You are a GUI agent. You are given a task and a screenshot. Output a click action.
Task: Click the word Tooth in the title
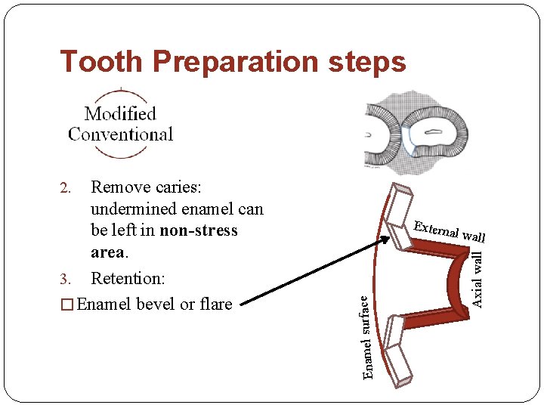click(x=96, y=62)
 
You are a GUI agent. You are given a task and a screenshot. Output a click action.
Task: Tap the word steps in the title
click(x=368, y=62)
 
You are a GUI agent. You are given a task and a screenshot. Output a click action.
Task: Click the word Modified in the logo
click(x=120, y=114)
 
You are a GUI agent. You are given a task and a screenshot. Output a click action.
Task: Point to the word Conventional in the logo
click(x=121, y=134)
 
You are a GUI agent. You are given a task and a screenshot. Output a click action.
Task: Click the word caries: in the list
click(x=180, y=187)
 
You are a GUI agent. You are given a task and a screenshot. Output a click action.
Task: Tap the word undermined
click(x=135, y=209)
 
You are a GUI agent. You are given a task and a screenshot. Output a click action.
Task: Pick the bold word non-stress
click(x=199, y=230)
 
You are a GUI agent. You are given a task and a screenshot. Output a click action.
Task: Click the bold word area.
click(x=107, y=252)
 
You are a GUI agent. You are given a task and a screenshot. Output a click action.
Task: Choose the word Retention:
click(x=127, y=279)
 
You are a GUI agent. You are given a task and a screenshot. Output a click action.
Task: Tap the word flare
click(x=215, y=304)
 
